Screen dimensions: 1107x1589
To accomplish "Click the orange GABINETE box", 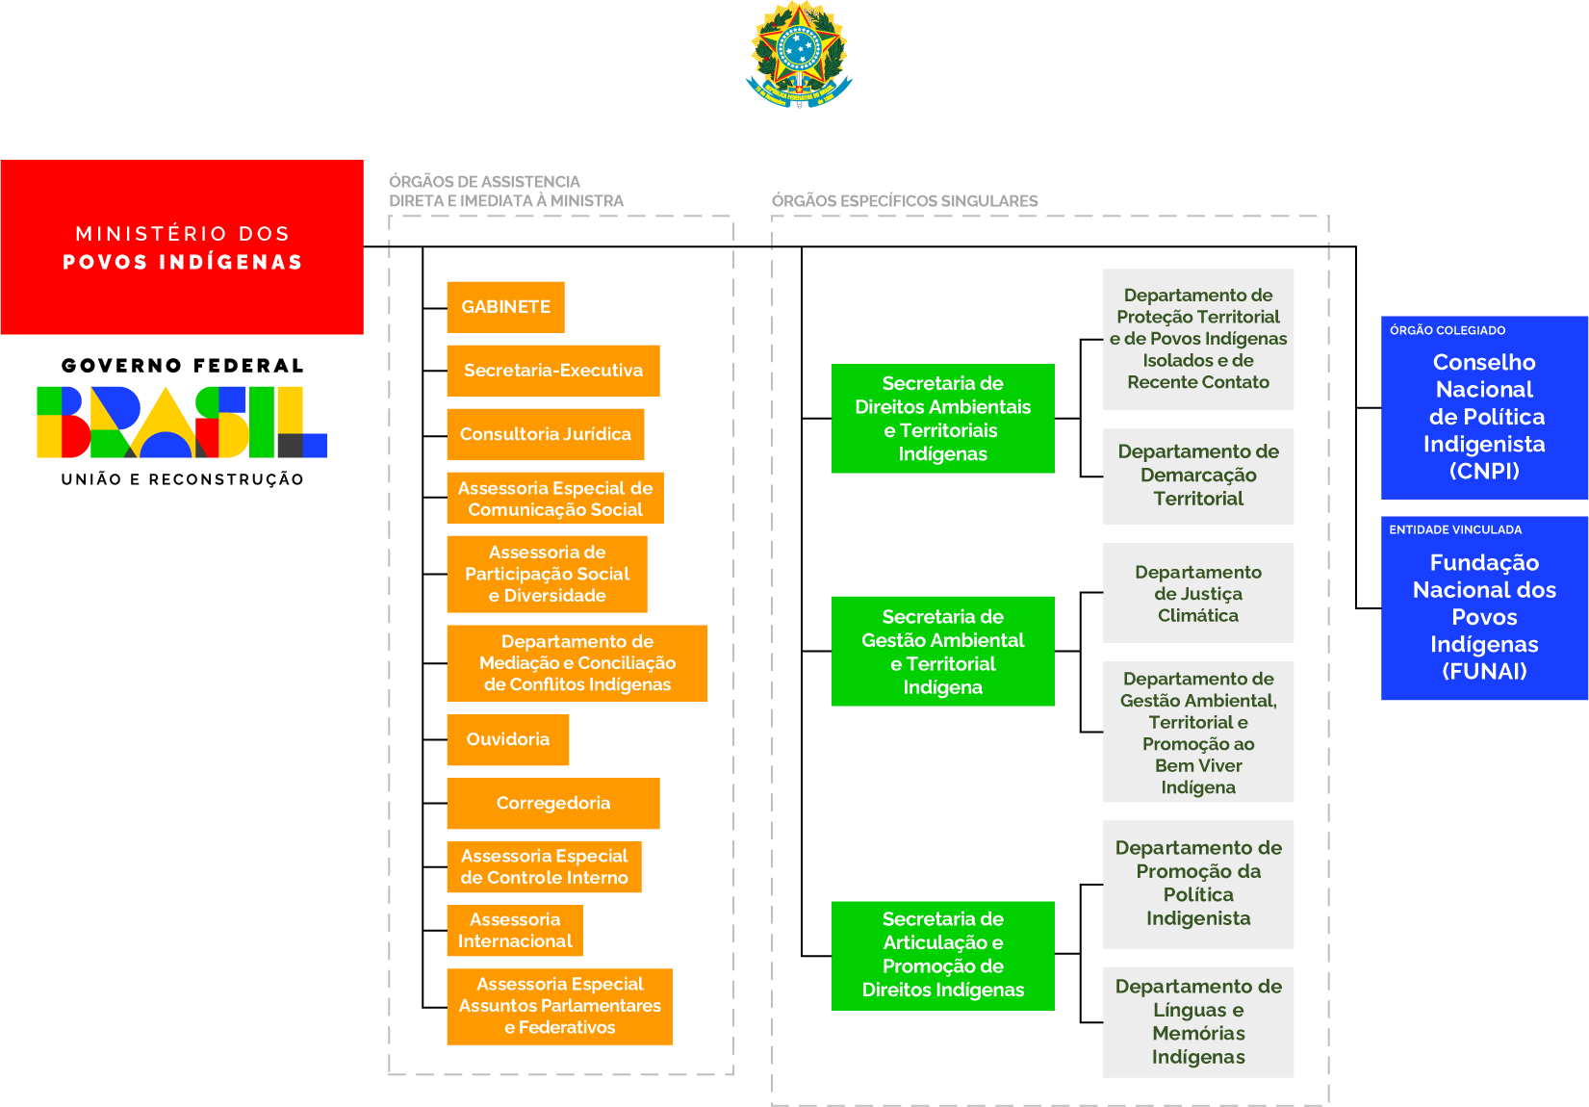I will [505, 307].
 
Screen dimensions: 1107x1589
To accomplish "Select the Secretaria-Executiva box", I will [552, 371].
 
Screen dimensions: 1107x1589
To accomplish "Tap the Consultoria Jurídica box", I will [545, 434].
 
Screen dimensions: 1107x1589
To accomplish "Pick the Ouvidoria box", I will [507, 739].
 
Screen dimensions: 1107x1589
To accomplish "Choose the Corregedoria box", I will [552, 803].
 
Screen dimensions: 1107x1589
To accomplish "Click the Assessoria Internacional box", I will [514, 930].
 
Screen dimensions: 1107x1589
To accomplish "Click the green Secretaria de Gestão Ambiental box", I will [942, 652].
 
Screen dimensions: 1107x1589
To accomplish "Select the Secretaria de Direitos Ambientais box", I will [942, 419].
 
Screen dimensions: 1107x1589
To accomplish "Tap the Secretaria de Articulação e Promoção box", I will [942, 955].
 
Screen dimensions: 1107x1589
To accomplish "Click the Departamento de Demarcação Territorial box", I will [1198, 476].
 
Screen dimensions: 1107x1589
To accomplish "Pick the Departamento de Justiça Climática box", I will [1198, 593].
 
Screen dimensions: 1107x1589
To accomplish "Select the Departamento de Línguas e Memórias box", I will [1198, 1021].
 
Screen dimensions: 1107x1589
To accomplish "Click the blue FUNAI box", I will [1484, 616].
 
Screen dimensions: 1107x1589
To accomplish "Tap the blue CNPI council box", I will [1484, 416].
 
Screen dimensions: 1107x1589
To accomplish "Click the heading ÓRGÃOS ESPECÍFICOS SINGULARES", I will [904, 200].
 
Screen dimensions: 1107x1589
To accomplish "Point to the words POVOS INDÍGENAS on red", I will [183, 262].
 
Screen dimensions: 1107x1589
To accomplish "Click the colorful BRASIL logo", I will [182, 422].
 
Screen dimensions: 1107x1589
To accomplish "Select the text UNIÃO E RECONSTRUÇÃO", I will [182, 479].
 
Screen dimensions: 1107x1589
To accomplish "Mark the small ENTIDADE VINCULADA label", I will [1455, 529].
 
